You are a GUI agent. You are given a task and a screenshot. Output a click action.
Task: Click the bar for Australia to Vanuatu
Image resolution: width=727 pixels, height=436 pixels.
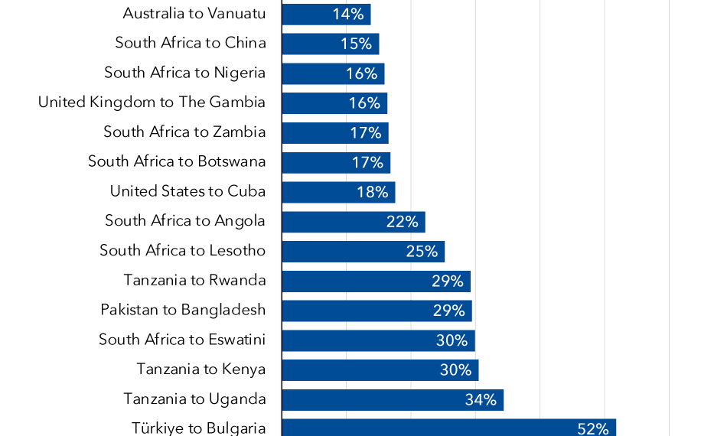pyautogui.click(x=326, y=14)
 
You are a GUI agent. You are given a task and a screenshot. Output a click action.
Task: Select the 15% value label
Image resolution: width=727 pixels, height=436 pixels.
pyautogui.click(x=356, y=44)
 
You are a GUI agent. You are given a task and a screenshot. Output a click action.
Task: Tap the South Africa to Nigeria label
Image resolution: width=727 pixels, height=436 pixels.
pyautogui.click(x=185, y=73)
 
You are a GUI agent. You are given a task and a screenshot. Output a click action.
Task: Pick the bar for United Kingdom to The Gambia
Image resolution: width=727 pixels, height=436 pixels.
pyautogui.click(x=334, y=103)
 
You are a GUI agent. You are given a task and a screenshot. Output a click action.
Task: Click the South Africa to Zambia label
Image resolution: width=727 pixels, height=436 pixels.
pyautogui.click(x=184, y=132)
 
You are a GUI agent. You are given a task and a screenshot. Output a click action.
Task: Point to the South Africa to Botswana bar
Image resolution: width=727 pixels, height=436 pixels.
pyautogui.click(x=336, y=162)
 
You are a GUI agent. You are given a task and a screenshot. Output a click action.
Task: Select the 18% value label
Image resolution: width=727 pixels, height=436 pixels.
pyautogui.click(x=373, y=192)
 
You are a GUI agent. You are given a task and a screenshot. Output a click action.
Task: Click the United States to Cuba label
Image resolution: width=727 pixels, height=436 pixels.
pyautogui.click(x=187, y=191)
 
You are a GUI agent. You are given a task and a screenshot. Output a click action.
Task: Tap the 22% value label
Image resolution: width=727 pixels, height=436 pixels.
pyautogui.click(x=403, y=222)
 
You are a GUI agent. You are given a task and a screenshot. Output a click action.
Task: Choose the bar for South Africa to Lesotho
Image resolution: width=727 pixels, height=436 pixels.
pyautogui.click(x=363, y=252)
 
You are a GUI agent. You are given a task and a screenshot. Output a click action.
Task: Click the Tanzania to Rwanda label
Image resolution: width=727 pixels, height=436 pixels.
pyautogui.click(x=194, y=280)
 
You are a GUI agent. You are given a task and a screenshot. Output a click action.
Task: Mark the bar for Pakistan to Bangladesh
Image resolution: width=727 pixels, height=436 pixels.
pyautogui.click(x=377, y=311)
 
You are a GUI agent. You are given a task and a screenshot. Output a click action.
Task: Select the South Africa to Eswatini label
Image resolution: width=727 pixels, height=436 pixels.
pyautogui.click(x=182, y=340)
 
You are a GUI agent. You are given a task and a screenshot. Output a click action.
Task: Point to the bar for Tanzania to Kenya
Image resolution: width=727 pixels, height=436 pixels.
pyautogui.click(x=380, y=370)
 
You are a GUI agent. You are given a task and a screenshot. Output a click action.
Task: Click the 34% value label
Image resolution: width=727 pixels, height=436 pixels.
pyautogui.click(x=481, y=399)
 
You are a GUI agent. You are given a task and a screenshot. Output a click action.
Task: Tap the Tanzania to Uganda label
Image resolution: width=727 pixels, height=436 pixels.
pyautogui.click(x=194, y=399)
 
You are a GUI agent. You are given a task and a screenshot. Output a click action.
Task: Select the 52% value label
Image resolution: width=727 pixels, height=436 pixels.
pyautogui.click(x=593, y=428)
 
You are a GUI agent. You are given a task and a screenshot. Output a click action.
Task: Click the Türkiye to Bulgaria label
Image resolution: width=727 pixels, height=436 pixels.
pyautogui.click(x=198, y=428)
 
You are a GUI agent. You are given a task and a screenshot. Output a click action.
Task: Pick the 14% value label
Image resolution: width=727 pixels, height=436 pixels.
pyautogui.click(x=347, y=14)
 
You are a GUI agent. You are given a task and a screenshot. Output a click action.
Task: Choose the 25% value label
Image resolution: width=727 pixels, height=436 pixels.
pyautogui.click(x=422, y=252)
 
